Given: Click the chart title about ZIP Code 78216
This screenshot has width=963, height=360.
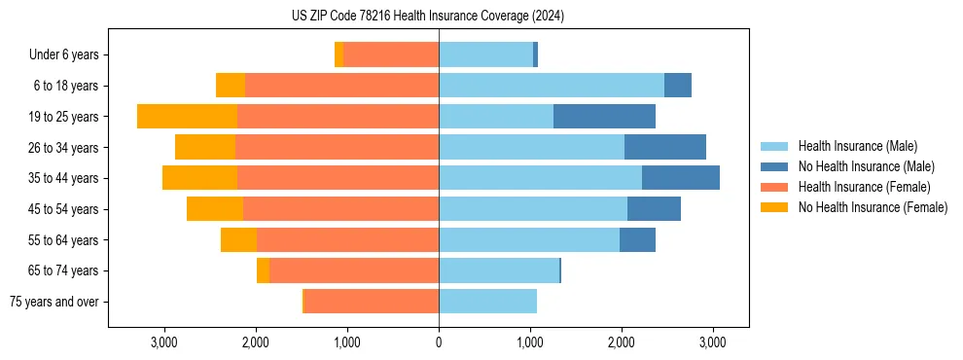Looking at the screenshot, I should (x=427, y=17).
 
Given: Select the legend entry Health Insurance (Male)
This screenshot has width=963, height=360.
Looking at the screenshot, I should (x=857, y=146).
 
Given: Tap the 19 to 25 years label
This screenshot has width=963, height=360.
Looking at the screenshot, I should (x=64, y=117).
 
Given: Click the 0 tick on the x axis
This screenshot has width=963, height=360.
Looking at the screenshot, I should (x=439, y=342).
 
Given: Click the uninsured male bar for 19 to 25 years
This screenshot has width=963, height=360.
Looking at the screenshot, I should (x=604, y=117).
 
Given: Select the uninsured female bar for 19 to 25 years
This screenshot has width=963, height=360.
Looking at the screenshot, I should (x=187, y=117).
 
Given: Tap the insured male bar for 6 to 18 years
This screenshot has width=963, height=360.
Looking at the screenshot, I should (x=552, y=86).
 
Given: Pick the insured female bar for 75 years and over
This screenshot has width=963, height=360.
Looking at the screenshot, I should (x=372, y=302).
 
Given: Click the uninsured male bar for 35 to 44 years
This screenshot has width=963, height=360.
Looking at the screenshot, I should (x=681, y=178).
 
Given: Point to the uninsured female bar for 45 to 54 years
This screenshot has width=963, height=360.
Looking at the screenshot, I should (x=215, y=209).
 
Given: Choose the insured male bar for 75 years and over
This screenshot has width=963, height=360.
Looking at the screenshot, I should (x=487, y=302).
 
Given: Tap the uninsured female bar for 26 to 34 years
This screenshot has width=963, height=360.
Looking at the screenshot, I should (x=205, y=147).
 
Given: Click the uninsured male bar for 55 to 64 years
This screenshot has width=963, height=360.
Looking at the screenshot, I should (x=637, y=239).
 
